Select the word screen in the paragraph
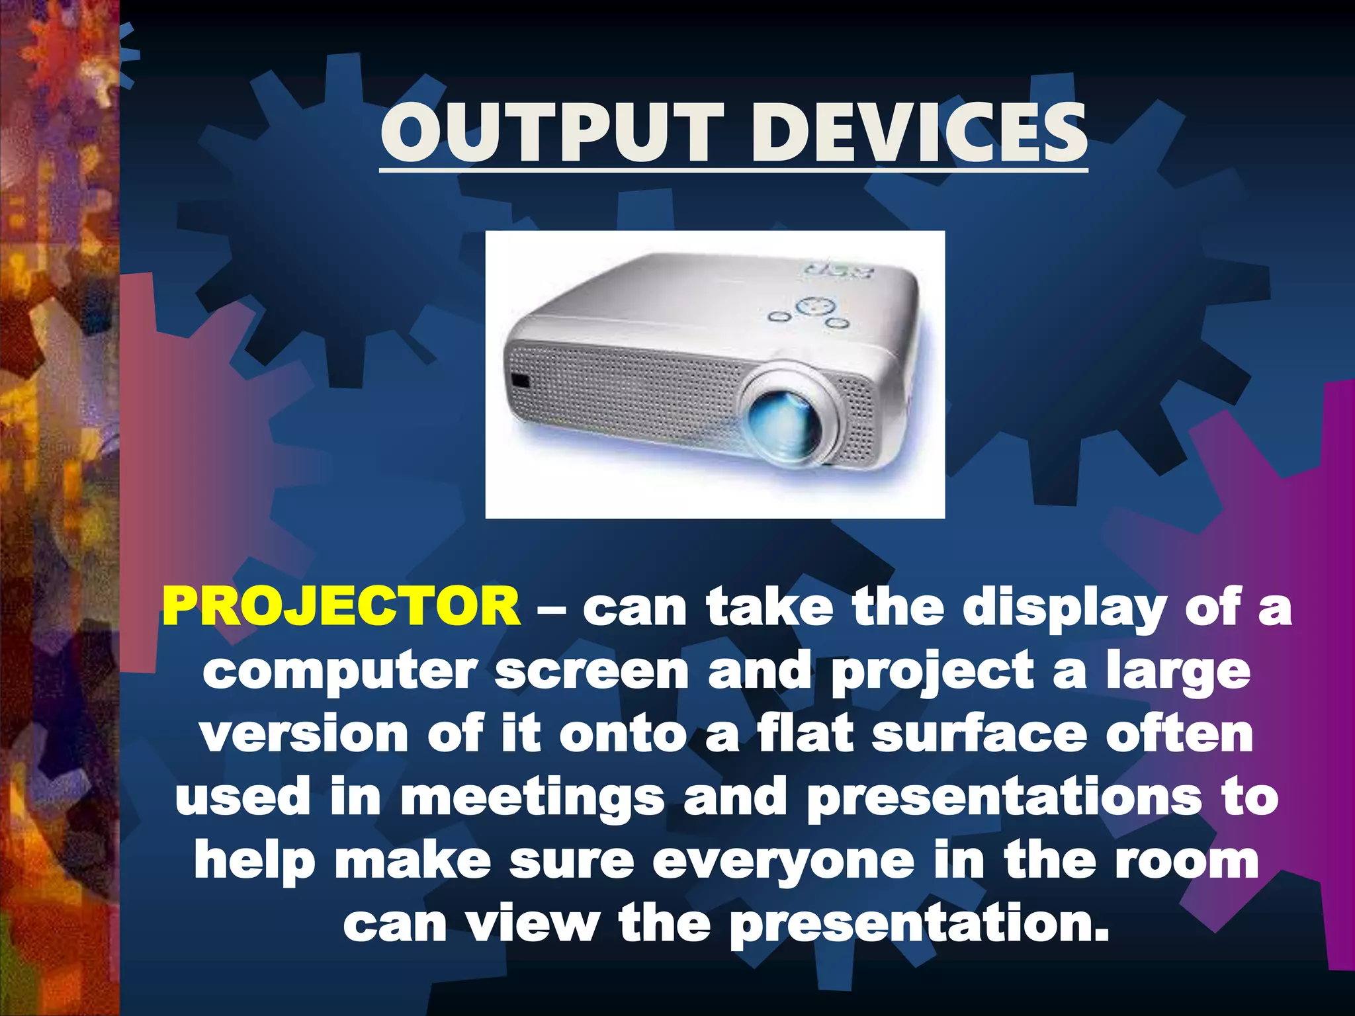(x=592, y=671)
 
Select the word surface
(x=979, y=734)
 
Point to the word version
(x=304, y=734)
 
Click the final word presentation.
(x=920, y=925)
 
